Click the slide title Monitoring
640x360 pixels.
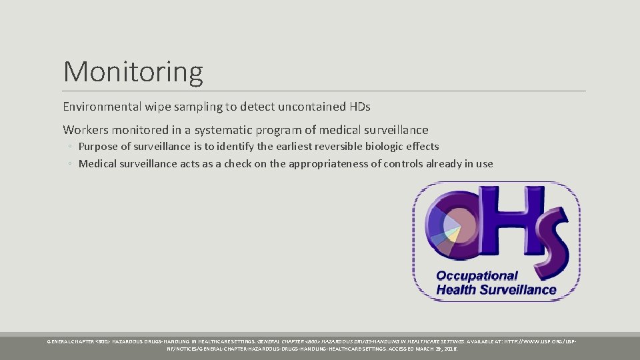[133, 71]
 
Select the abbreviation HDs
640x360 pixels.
[359, 107]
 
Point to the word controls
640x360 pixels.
[402, 164]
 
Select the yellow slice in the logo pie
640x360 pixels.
[453, 232]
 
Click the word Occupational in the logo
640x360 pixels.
[477, 276]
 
